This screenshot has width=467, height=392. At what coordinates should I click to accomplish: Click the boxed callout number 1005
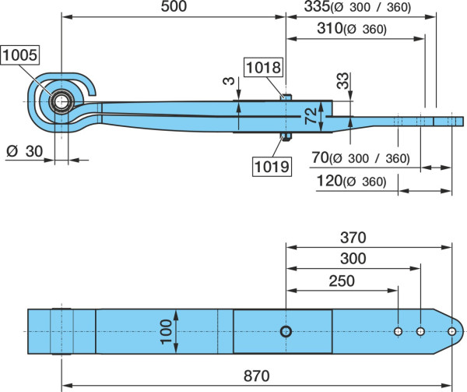pos(20,55)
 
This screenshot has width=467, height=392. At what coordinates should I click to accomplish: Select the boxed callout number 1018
pos(264,67)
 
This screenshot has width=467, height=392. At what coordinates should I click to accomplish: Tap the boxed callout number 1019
pos(272,166)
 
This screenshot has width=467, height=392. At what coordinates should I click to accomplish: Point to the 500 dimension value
pos(174,6)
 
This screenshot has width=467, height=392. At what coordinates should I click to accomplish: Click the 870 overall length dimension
pos(257,376)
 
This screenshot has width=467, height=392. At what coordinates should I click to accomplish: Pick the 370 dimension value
pos(353,238)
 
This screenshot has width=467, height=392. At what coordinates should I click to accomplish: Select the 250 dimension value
pos(342,281)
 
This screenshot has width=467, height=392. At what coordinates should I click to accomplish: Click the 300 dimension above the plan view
pos(353,259)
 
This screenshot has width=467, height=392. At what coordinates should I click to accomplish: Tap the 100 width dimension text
pos(167,332)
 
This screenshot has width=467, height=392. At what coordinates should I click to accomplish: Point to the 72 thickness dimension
pos(311,116)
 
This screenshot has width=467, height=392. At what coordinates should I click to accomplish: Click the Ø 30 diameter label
pos(24,151)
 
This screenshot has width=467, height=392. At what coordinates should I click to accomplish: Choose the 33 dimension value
pos(342,81)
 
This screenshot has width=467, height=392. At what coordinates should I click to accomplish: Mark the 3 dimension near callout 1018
pos(229,81)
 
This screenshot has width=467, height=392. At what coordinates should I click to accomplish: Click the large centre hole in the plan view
pos(286,331)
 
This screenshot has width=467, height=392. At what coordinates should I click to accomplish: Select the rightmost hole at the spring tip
pos(451,331)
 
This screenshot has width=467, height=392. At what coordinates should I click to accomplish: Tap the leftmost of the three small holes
pos(399,331)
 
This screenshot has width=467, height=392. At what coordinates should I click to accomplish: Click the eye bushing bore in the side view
pos(61,102)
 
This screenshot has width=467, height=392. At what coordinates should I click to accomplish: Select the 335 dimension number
pos(318,6)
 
